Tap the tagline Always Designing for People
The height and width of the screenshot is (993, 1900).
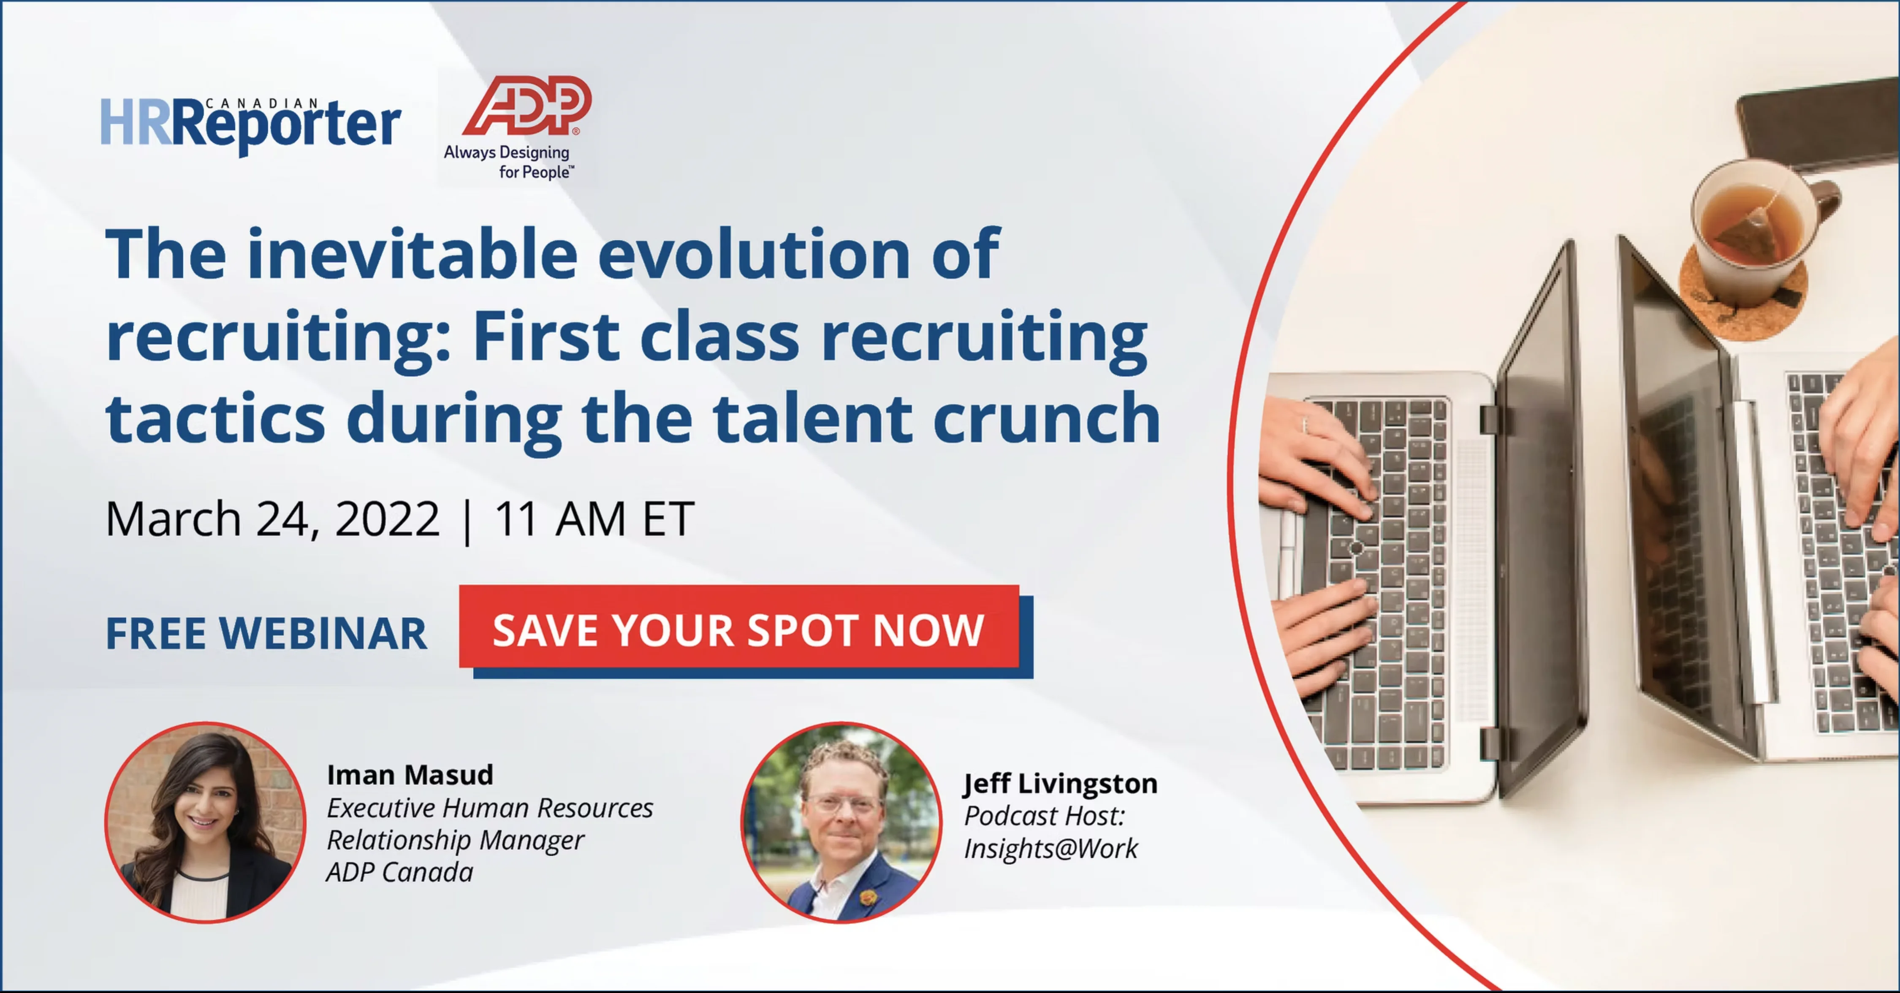(508, 162)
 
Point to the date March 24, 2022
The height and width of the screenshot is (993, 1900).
(272, 518)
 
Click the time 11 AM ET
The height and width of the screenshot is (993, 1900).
(594, 518)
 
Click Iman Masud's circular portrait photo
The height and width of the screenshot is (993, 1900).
(205, 822)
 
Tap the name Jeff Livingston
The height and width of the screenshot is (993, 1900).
(1060, 784)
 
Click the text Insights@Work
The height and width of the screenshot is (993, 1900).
(1050, 849)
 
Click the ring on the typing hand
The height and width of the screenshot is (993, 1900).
(1304, 424)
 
